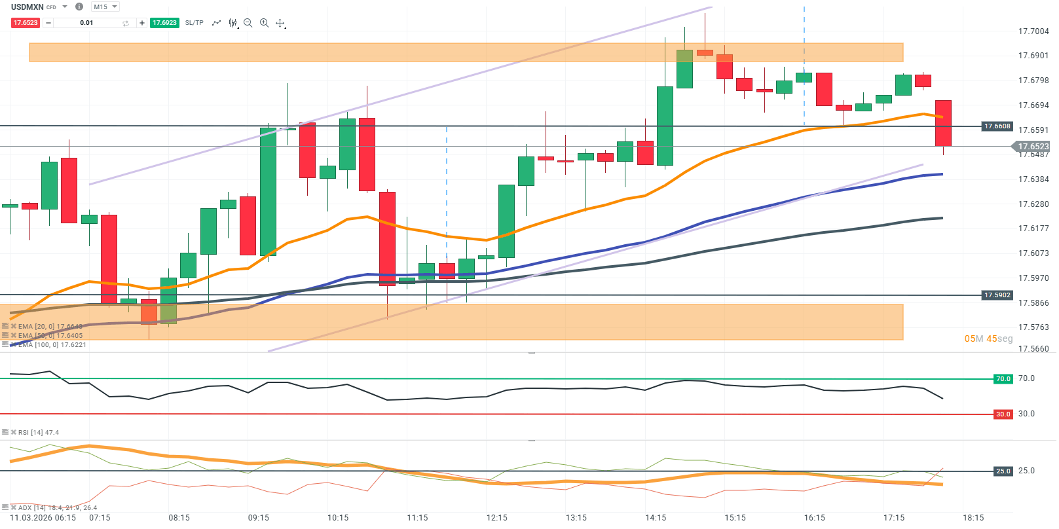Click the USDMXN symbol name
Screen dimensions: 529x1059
click(x=27, y=7)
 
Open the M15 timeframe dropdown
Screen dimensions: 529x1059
click(x=105, y=7)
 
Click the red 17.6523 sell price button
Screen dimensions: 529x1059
click(x=26, y=23)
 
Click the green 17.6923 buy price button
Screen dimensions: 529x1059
click(x=164, y=23)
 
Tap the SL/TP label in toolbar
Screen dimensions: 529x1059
click(x=194, y=23)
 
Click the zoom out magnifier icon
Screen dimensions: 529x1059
click(x=248, y=23)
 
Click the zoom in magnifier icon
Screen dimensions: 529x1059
click(x=264, y=23)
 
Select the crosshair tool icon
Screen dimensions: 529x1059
click(x=280, y=23)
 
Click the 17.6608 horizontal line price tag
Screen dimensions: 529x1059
click(x=997, y=126)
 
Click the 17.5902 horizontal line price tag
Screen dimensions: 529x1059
click(x=997, y=295)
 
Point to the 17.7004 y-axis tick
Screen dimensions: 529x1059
click(x=1033, y=31)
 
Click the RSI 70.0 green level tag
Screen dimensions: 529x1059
click(x=1003, y=379)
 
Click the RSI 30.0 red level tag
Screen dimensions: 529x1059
click(x=1003, y=414)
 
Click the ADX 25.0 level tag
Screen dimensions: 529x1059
click(x=1003, y=471)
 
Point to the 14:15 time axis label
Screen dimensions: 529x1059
click(x=656, y=518)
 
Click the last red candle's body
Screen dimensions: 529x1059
click(x=943, y=123)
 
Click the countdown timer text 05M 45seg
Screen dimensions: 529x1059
click(x=988, y=338)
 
